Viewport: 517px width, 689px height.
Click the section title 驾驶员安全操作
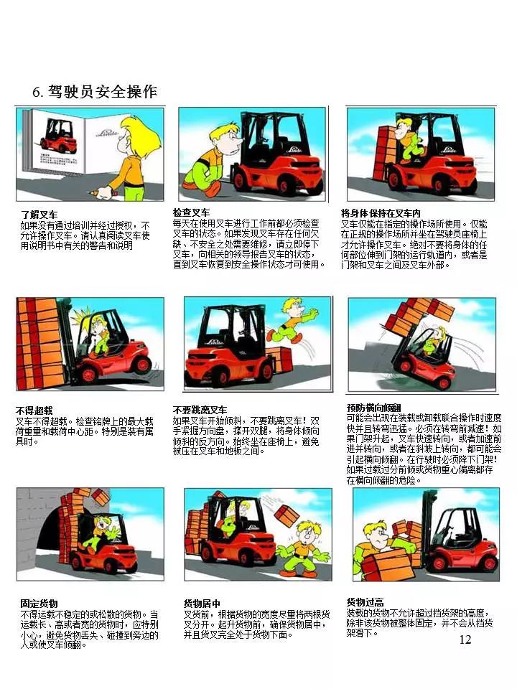tap(103, 92)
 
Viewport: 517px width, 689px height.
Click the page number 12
tap(465, 639)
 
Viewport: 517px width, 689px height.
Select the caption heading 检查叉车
tap(191, 213)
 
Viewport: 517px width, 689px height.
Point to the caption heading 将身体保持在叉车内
tap(381, 213)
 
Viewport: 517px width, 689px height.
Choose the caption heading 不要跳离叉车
tap(200, 410)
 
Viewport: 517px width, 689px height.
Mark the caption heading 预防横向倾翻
tap(374, 407)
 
